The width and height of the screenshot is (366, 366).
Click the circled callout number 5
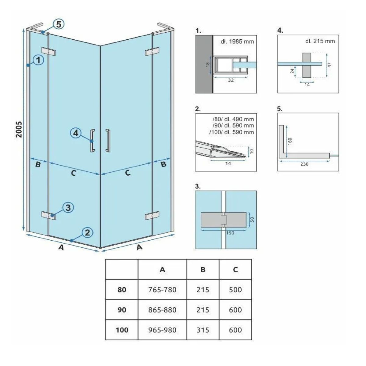click(x=59, y=24)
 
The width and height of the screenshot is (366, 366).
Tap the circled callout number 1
click(x=38, y=60)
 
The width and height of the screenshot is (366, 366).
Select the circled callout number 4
click(x=76, y=133)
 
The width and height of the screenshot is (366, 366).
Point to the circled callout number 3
click(x=68, y=207)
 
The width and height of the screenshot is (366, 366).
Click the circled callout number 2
click(x=87, y=232)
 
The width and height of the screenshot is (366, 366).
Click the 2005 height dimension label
click(x=19, y=129)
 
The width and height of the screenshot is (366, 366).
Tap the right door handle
click(x=108, y=141)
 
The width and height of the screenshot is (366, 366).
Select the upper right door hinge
click(x=152, y=51)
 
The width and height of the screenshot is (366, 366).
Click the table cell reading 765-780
click(x=162, y=290)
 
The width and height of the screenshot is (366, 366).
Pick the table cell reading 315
click(x=203, y=330)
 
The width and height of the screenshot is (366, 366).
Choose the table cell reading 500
click(x=235, y=290)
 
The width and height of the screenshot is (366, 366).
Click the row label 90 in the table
click(x=122, y=310)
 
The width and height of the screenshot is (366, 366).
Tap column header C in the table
click(x=235, y=270)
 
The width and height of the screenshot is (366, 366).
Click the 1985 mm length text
click(x=237, y=41)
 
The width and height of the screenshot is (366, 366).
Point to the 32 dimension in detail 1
click(x=231, y=80)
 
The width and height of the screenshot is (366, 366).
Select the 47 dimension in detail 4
click(x=330, y=65)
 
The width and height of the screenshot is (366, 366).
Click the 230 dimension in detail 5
click(x=304, y=164)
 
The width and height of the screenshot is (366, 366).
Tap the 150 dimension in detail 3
click(x=230, y=233)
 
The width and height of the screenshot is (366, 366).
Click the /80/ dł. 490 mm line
click(x=233, y=119)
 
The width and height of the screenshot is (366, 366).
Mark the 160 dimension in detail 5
click(x=290, y=141)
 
